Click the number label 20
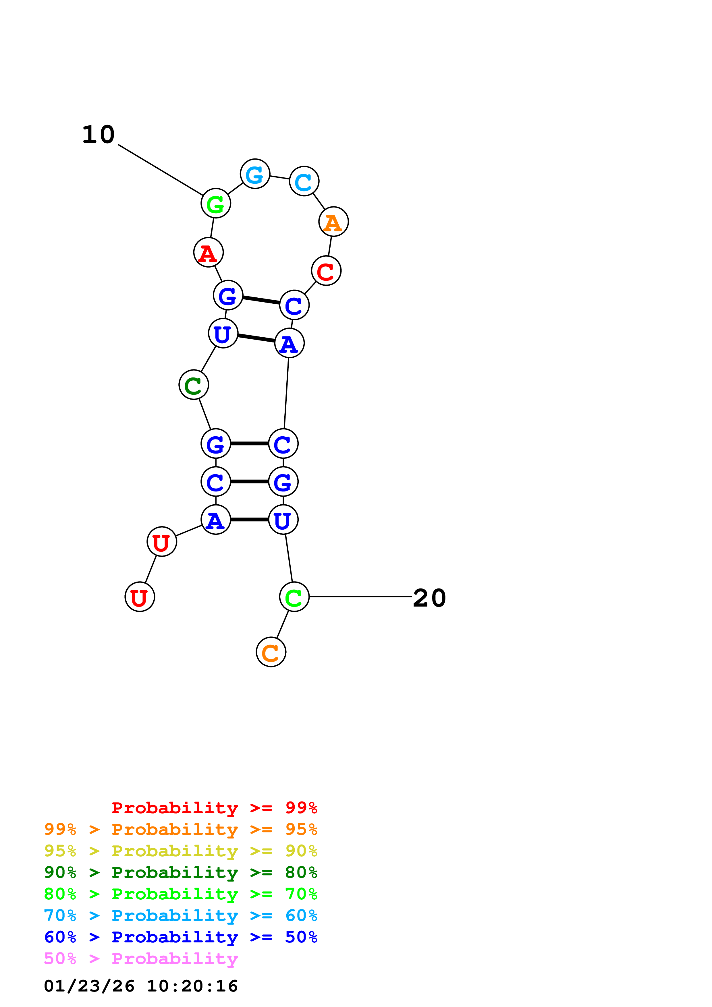click(x=429, y=598)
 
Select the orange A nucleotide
click(x=333, y=222)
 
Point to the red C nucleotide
click(x=326, y=271)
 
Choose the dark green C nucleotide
click(x=194, y=385)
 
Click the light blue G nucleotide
click(x=255, y=174)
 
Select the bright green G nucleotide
click(x=215, y=204)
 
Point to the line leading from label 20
click(x=360, y=597)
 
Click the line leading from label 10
click(x=160, y=170)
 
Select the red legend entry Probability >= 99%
click(x=214, y=808)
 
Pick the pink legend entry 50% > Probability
click(x=141, y=959)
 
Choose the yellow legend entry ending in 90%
click(x=180, y=851)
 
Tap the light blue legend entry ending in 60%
click(x=180, y=916)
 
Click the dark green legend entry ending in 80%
click(x=180, y=873)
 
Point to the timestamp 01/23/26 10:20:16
click(x=141, y=986)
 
